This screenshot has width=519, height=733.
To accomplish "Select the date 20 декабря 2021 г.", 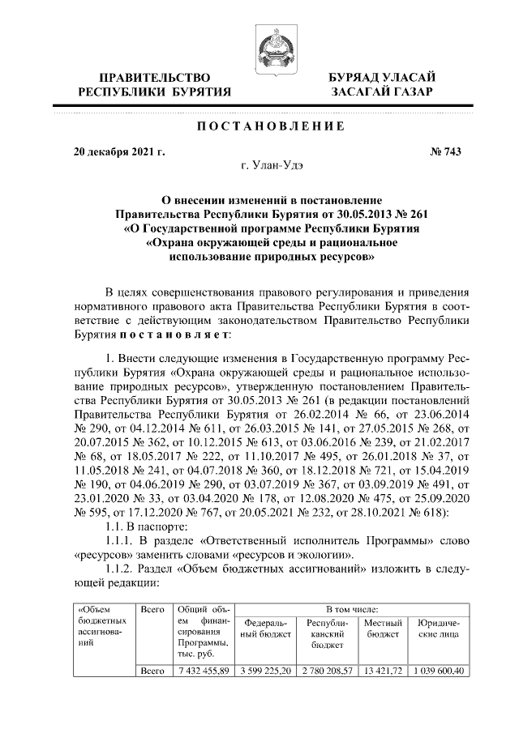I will pyautogui.click(x=118, y=151).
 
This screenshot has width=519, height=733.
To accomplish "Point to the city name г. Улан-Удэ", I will pyautogui.click(x=269, y=166).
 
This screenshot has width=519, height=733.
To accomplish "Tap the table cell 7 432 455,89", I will pyautogui.click(x=204, y=671).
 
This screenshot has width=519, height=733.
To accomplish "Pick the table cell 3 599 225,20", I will pyautogui.click(x=266, y=671).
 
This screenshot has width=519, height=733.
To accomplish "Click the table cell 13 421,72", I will pyautogui.click(x=383, y=671).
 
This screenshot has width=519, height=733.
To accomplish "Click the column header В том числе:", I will pyautogui.click(x=350, y=607).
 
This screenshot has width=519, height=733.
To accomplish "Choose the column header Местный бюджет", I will pyautogui.click(x=383, y=629).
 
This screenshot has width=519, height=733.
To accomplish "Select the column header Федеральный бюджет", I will pyautogui.click(x=266, y=629).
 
